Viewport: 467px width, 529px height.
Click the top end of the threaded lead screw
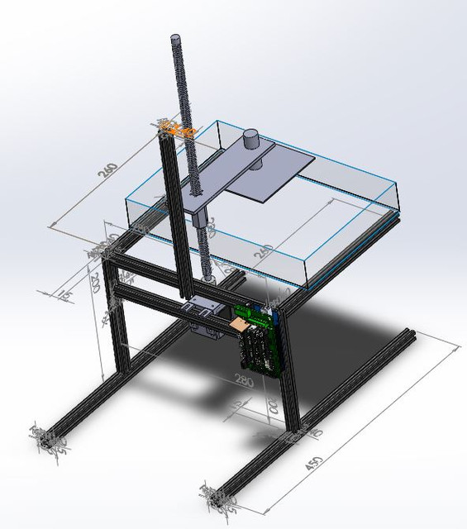pos(178,40)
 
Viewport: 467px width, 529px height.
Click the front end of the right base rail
pos(217,498)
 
